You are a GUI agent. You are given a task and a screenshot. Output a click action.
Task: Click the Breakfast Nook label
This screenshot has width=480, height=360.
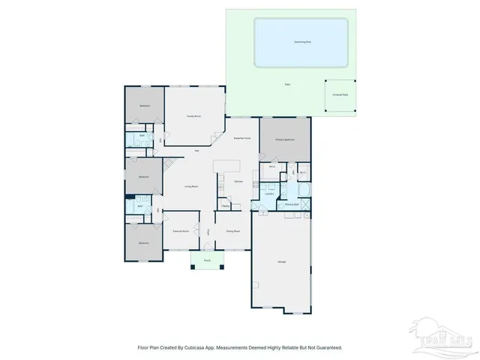tap(241, 139)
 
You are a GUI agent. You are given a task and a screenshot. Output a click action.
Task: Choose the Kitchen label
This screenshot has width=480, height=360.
tap(238, 182)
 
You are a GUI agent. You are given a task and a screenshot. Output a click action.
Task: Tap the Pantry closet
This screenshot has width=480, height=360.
tap(225, 205)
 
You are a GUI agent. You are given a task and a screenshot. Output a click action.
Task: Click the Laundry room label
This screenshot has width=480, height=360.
tap(268, 193)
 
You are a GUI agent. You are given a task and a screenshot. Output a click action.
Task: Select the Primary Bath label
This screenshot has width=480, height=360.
tap(292, 204)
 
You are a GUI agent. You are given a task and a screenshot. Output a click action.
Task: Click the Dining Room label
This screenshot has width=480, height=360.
tap(233, 231)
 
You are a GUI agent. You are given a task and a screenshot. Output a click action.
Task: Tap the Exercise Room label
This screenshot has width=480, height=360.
tap(180, 231)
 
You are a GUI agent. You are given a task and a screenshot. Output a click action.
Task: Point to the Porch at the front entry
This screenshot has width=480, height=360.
tap(207, 260)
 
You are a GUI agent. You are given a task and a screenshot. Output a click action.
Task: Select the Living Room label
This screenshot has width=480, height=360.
tap(191, 186)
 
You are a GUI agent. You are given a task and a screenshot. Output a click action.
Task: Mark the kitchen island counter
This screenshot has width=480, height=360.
tap(227, 165)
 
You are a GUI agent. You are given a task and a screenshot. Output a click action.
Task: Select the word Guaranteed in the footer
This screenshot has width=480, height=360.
tap(327, 347)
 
